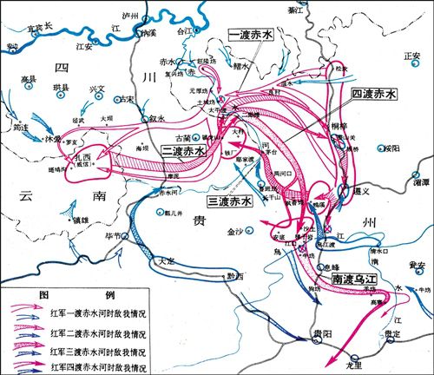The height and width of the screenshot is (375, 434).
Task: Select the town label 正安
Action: pyautogui.click(x=411, y=55)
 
